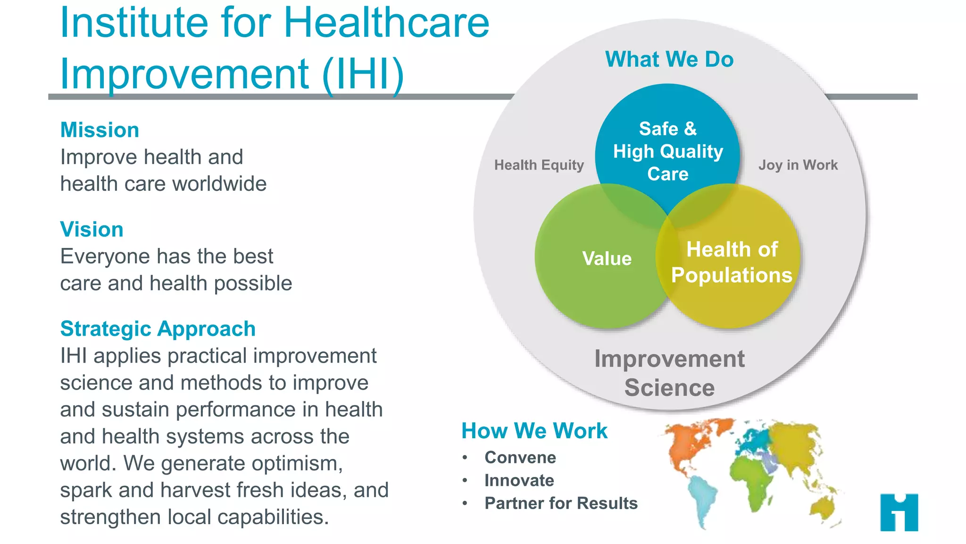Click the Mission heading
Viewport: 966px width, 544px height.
click(x=100, y=130)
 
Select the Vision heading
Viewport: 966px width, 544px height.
click(x=92, y=229)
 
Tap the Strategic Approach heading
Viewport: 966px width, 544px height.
click(x=158, y=329)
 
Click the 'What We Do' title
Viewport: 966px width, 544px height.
click(x=669, y=59)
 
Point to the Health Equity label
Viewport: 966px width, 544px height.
click(x=539, y=165)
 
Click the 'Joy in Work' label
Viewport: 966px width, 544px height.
click(x=798, y=165)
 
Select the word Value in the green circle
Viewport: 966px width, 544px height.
click(x=607, y=258)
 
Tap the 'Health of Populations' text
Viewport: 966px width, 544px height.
click(x=731, y=262)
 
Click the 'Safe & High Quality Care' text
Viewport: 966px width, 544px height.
click(x=667, y=151)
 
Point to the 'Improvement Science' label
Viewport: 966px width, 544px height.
click(x=669, y=373)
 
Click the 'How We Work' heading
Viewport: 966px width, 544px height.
click(x=534, y=431)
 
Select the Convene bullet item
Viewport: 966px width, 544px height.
click(x=520, y=457)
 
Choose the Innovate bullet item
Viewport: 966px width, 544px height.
click(x=519, y=480)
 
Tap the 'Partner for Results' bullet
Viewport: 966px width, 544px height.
click(x=561, y=503)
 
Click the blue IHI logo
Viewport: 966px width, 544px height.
click(x=899, y=512)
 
